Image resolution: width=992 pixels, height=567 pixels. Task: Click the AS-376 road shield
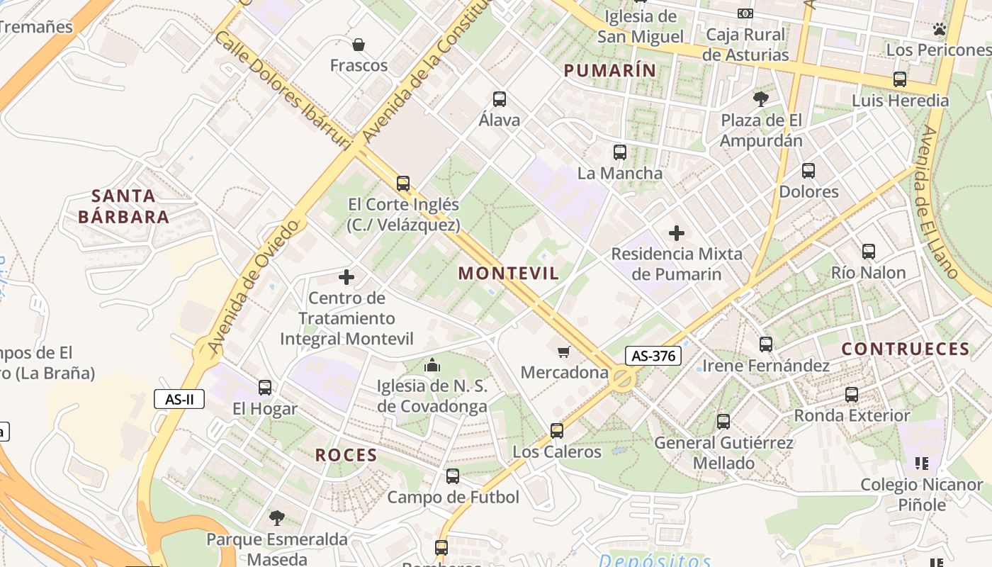653,356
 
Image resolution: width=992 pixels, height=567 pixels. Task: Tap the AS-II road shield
179,399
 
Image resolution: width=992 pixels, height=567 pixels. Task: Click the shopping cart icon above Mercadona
564,352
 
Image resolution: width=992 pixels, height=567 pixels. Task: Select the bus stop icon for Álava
500,99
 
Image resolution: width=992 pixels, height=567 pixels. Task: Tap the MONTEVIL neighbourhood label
508,274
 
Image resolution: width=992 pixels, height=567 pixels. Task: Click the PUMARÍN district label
609,70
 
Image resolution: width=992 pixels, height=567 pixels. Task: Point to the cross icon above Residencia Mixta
677,232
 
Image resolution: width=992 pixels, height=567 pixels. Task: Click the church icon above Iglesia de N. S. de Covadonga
432,366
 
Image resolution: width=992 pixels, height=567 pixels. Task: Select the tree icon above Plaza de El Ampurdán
761,99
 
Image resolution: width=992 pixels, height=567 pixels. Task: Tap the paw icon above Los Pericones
940,29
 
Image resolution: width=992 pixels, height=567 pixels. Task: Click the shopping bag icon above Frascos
359,45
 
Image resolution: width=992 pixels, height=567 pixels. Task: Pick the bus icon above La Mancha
620,152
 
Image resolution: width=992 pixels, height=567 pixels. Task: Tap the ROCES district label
346,455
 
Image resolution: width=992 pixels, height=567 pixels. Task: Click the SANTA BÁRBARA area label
123,206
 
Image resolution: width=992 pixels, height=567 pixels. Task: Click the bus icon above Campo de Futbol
453,476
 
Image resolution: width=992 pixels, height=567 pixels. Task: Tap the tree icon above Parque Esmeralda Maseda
276,518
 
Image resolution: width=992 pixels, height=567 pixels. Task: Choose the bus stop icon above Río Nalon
868,252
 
